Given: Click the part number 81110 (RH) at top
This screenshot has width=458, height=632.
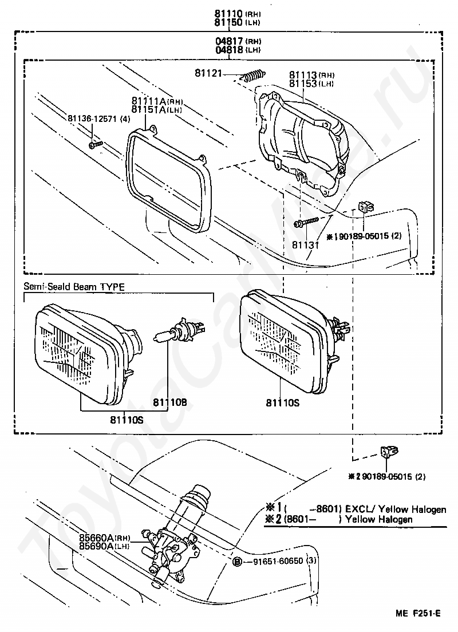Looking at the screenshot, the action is (237, 13).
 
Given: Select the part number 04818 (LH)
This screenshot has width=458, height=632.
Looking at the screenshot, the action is (238, 50).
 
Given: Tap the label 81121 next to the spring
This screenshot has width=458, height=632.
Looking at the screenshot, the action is (208, 73).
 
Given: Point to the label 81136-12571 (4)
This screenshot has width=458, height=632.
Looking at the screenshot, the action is (99, 118).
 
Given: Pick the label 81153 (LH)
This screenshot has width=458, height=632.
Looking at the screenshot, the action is (311, 84).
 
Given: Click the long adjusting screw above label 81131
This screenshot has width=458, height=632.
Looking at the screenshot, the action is (306, 222).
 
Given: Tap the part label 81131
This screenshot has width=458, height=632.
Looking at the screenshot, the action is (305, 245).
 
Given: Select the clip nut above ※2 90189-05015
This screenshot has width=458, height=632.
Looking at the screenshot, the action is (389, 452).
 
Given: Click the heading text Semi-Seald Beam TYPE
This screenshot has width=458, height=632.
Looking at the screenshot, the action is (74, 287).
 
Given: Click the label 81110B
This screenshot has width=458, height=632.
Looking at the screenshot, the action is (169, 402).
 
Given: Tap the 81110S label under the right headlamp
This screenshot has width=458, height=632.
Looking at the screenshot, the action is (283, 402).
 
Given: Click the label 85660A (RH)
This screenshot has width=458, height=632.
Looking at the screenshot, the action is (105, 538).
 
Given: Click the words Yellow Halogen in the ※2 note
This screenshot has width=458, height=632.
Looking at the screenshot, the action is (379, 519).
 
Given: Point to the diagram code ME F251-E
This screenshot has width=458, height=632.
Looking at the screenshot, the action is (418, 613).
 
